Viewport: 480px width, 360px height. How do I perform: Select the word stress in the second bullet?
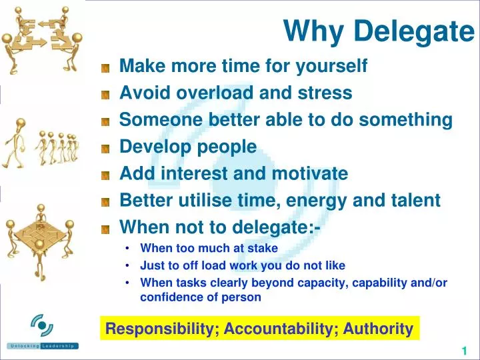coord(329,93)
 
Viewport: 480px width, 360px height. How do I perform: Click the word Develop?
coord(152,147)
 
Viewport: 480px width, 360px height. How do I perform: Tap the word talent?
coord(417,201)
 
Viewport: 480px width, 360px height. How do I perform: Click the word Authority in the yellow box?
coord(378,329)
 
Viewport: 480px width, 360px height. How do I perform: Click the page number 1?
coord(463,351)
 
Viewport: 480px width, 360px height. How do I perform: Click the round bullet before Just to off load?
coord(127,265)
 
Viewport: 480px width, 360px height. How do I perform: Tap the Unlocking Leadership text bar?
coord(43,346)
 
